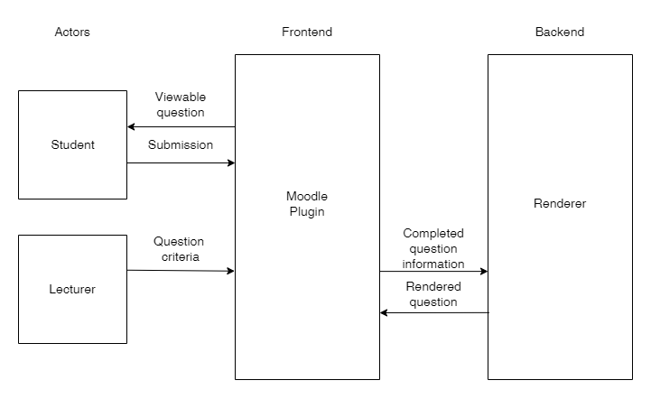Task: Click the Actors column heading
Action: (72, 32)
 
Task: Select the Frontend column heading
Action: (307, 32)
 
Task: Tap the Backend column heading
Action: (559, 32)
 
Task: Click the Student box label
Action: (72, 144)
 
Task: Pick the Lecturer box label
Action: (72, 290)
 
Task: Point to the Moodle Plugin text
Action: (307, 204)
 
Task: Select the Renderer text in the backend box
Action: (560, 204)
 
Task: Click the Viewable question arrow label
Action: (180, 105)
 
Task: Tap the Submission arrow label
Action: (181, 144)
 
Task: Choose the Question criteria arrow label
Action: (179, 249)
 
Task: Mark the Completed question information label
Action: (433, 248)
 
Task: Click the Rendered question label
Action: (433, 294)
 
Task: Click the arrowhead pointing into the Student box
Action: (132, 127)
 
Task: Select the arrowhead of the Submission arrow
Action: (230, 163)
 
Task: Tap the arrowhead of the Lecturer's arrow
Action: (230, 271)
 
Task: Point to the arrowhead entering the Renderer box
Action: (483, 271)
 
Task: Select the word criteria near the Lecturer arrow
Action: (179, 257)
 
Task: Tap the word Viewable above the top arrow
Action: (180, 97)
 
